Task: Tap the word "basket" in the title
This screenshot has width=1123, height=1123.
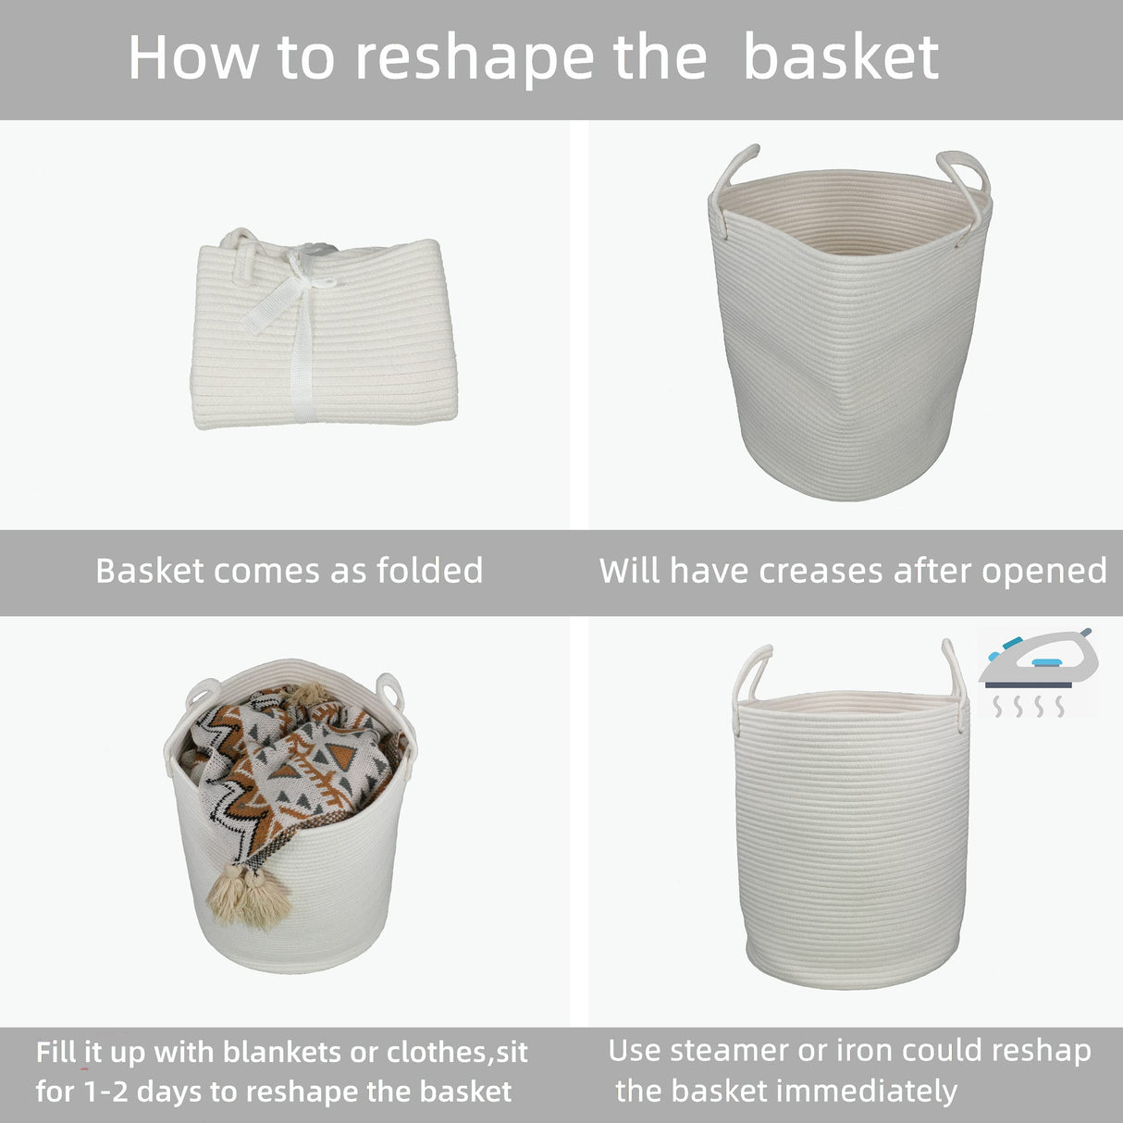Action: tap(841, 57)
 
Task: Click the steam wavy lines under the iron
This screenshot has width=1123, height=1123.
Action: tap(1027, 708)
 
